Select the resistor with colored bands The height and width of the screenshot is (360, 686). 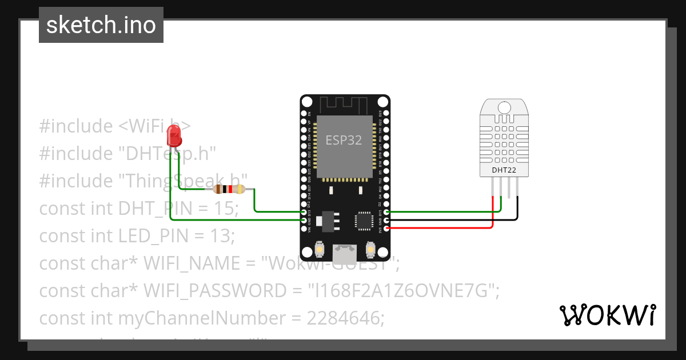point(229,190)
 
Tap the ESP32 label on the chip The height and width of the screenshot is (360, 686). point(344,140)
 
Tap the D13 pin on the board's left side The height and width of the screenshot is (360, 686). point(304,212)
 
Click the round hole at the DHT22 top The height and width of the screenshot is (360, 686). point(504,107)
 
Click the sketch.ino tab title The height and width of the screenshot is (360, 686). point(101,25)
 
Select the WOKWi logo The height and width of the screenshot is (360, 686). point(607,315)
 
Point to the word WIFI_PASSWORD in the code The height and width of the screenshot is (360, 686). point(213,291)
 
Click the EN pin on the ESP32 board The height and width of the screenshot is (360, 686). point(304,114)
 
